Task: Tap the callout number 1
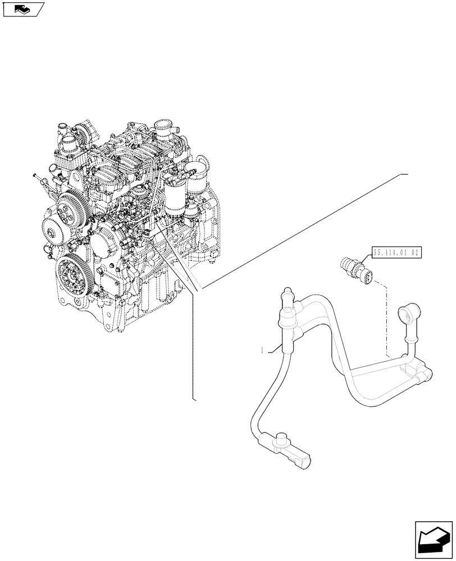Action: pos(263,351)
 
